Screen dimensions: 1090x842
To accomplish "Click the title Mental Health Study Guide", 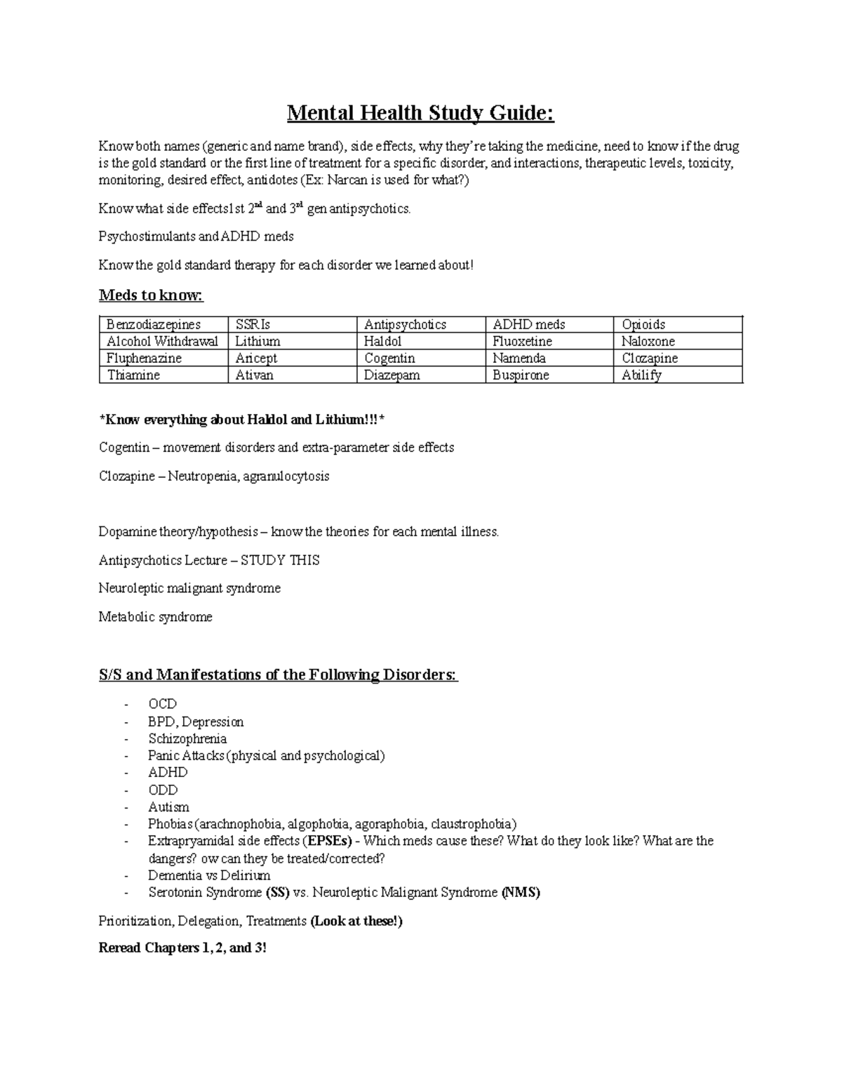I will pyautogui.click(x=420, y=113).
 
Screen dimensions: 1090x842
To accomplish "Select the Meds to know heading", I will pyautogui.click(x=151, y=295).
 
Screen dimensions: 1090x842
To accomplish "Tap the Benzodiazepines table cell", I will pyautogui.click(x=153, y=324).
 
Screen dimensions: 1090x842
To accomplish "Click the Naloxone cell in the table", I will pyautogui.click(x=648, y=341).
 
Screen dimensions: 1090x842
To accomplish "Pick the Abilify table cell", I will pyautogui.click(x=641, y=375).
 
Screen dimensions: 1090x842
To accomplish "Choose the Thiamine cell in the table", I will pyautogui.click(x=133, y=375).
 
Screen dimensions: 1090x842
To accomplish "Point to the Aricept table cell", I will pyautogui.click(x=256, y=358).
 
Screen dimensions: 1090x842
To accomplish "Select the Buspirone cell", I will pyautogui.click(x=520, y=375).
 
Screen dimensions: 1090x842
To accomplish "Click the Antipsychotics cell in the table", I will pyautogui.click(x=405, y=324).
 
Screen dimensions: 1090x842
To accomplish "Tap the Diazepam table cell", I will pyautogui.click(x=392, y=375).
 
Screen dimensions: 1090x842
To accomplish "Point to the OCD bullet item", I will pyautogui.click(x=162, y=704).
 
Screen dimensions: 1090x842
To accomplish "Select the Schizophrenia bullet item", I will pyautogui.click(x=187, y=738).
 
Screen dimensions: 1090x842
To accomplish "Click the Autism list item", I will pyautogui.click(x=168, y=807).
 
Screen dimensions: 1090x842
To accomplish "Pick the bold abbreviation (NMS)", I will pyautogui.click(x=521, y=893).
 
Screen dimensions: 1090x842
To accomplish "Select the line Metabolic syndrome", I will pyautogui.click(x=155, y=617).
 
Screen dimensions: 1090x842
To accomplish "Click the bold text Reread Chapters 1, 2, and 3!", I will pyautogui.click(x=182, y=948).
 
